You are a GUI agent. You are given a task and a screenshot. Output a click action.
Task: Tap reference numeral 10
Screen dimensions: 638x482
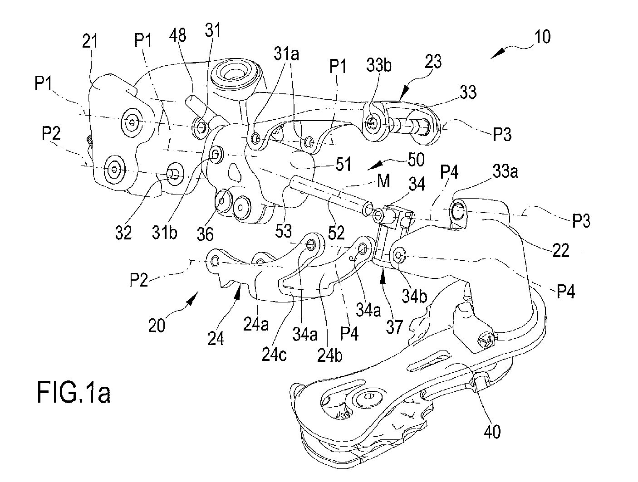pyautogui.click(x=542, y=37)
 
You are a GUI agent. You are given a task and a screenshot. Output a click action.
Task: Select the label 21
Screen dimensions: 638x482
pyautogui.click(x=90, y=41)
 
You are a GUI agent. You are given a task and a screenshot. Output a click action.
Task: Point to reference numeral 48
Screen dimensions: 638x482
pyautogui.click(x=177, y=35)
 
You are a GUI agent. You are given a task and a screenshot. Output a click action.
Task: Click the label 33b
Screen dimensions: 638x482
pyautogui.click(x=379, y=65)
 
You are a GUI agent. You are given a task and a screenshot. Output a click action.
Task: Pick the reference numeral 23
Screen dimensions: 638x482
pyautogui.click(x=433, y=62)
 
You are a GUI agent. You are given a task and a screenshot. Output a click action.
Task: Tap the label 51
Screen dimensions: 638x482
pyautogui.click(x=344, y=164)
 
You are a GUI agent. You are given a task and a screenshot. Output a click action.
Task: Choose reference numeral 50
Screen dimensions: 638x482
pyautogui.click(x=416, y=160)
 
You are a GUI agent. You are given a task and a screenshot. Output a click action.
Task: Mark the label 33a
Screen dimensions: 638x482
pyautogui.click(x=505, y=172)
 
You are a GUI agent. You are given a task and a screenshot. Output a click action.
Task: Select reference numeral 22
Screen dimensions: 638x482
pyautogui.click(x=561, y=250)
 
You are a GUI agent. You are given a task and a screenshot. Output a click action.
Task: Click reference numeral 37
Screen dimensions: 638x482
pyautogui.click(x=394, y=327)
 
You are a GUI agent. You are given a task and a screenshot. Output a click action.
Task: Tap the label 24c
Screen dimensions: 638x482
pyautogui.click(x=274, y=354)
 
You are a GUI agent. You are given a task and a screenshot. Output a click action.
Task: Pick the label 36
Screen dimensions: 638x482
pyautogui.click(x=206, y=234)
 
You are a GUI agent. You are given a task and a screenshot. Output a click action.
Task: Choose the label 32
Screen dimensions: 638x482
pyautogui.click(x=123, y=233)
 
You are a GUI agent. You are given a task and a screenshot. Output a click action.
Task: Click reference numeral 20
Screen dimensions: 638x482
pyautogui.click(x=157, y=325)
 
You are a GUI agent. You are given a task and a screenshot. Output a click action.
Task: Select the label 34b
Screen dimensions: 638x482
pyautogui.click(x=414, y=296)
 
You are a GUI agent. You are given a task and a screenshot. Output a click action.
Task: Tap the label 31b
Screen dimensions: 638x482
pyautogui.click(x=165, y=232)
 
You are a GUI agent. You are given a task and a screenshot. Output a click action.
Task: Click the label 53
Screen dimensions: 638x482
pyautogui.click(x=284, y=231)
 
